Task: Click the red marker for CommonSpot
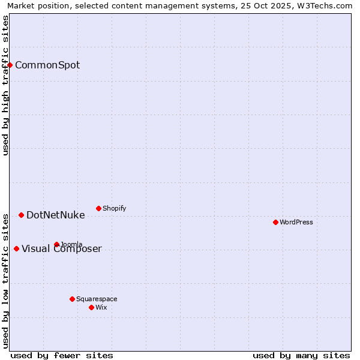(10, 65)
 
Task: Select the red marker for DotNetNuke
(21, 215)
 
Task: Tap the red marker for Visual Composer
(16, 248)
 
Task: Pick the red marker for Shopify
(98, 208)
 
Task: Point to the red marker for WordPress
(275, 222)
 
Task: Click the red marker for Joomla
(56, 244)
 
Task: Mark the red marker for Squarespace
(72, 299)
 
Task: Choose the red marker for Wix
(91, 307)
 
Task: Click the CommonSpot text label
(47, 65)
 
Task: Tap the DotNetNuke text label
(56, 215)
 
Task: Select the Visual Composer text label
(62, 248)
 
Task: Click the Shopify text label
(114, 208)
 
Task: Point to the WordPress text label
(296, 222)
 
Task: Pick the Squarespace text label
(97, 299)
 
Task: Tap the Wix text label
(101, 307)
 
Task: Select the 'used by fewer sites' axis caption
(62, 355)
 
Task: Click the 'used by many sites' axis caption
(301, 355)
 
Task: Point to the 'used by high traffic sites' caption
(5, 85)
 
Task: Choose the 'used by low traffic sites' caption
(5, 280)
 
